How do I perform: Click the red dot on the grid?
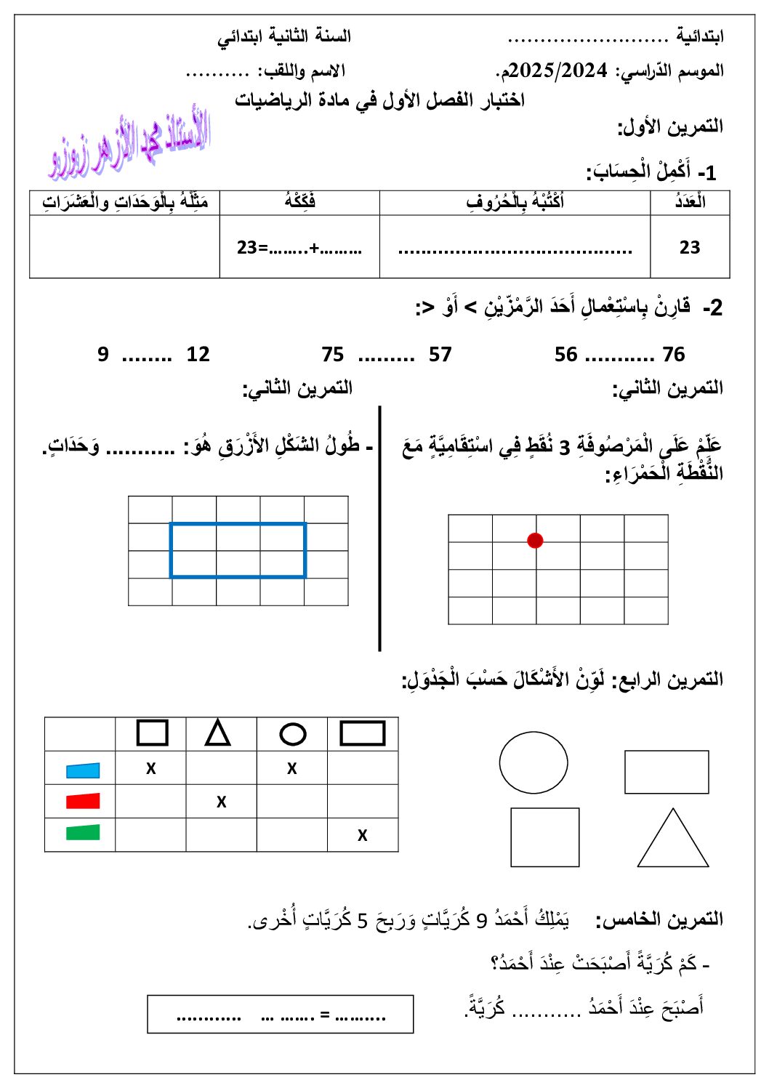(x=535, y=540)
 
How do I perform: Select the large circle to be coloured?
(x=534, y=762)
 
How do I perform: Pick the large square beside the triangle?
(x=545, y=837)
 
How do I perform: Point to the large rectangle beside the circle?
(x=667, y=772)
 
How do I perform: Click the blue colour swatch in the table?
(x=83, y=770)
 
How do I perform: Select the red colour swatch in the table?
(x=83, y=801)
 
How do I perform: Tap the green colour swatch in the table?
(x=83, y=832)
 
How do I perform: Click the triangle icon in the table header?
(x=218, y=733)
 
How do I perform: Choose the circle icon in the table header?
(x=293, y=734)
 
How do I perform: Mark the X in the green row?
(x=363, y=836)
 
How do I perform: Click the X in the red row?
(x=222, y=802)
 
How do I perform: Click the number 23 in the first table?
(x=690, y=248)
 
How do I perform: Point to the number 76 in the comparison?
(x=674, y=355)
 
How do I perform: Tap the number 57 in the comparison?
(x=440, y=355)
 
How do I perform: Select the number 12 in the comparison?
(x=198, y=355)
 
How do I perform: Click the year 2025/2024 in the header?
(x=557, y=70)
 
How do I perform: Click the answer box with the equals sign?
(x=281, y=1015)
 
